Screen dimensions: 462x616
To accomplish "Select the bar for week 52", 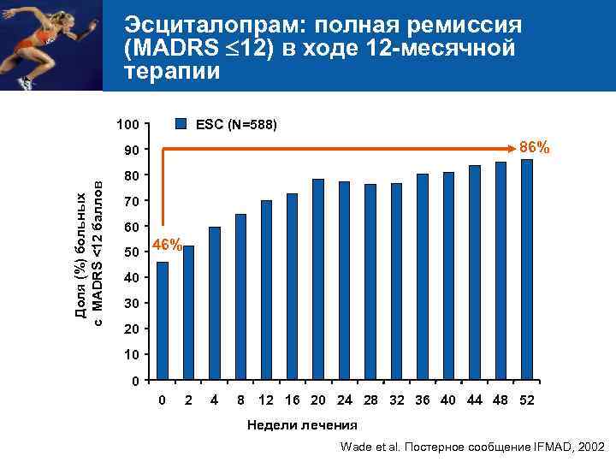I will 526,269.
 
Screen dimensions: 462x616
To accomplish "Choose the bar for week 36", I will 422,277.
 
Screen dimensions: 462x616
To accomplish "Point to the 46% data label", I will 166,246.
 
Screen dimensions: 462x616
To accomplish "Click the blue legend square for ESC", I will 181,123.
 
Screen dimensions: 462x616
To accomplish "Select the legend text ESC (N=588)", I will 235,124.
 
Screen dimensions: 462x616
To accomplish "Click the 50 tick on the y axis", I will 129,253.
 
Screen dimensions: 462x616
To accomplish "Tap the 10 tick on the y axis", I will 129,355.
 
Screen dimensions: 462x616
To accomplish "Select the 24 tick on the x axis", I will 344,400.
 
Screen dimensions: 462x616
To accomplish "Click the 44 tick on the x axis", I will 475,400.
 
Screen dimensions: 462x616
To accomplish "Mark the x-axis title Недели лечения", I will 302,425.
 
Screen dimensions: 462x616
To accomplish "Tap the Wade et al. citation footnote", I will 471,447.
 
